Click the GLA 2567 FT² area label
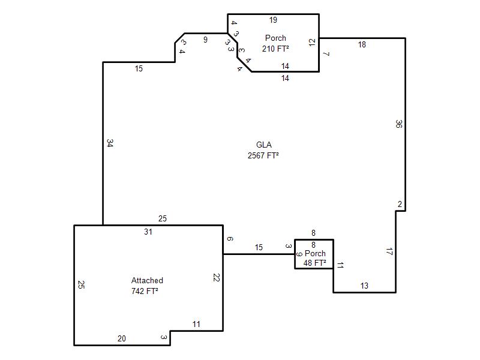point(263,150)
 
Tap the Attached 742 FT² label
point(146,286)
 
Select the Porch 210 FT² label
point(275,43)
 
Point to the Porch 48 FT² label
point(315,258)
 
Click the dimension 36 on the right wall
point(398,124)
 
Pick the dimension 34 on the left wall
point(110,143)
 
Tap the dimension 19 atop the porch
point(273,20)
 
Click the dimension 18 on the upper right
point(362,44)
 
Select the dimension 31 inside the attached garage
point(148,232)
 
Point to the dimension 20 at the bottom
point(122,338)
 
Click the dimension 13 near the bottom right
point(364,286)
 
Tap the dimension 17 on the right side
point(389,251)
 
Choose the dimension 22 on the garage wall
point(216,277)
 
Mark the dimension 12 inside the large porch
point(312,42)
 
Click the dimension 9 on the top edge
point(205,40)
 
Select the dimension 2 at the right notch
point(400,204)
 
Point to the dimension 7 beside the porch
point(326,54)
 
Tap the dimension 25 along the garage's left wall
point(81,284)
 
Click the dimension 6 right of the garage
point(230,239)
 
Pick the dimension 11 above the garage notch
point(196,324)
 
